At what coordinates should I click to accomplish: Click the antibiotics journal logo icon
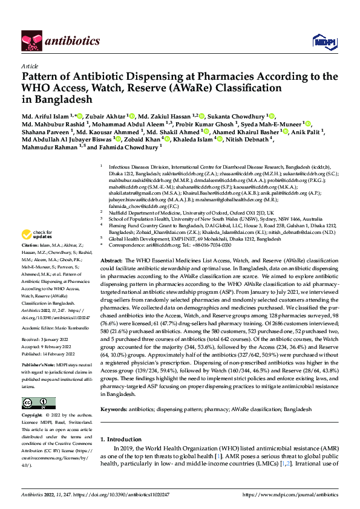[30, 40]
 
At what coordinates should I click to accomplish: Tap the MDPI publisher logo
[321, 41]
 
